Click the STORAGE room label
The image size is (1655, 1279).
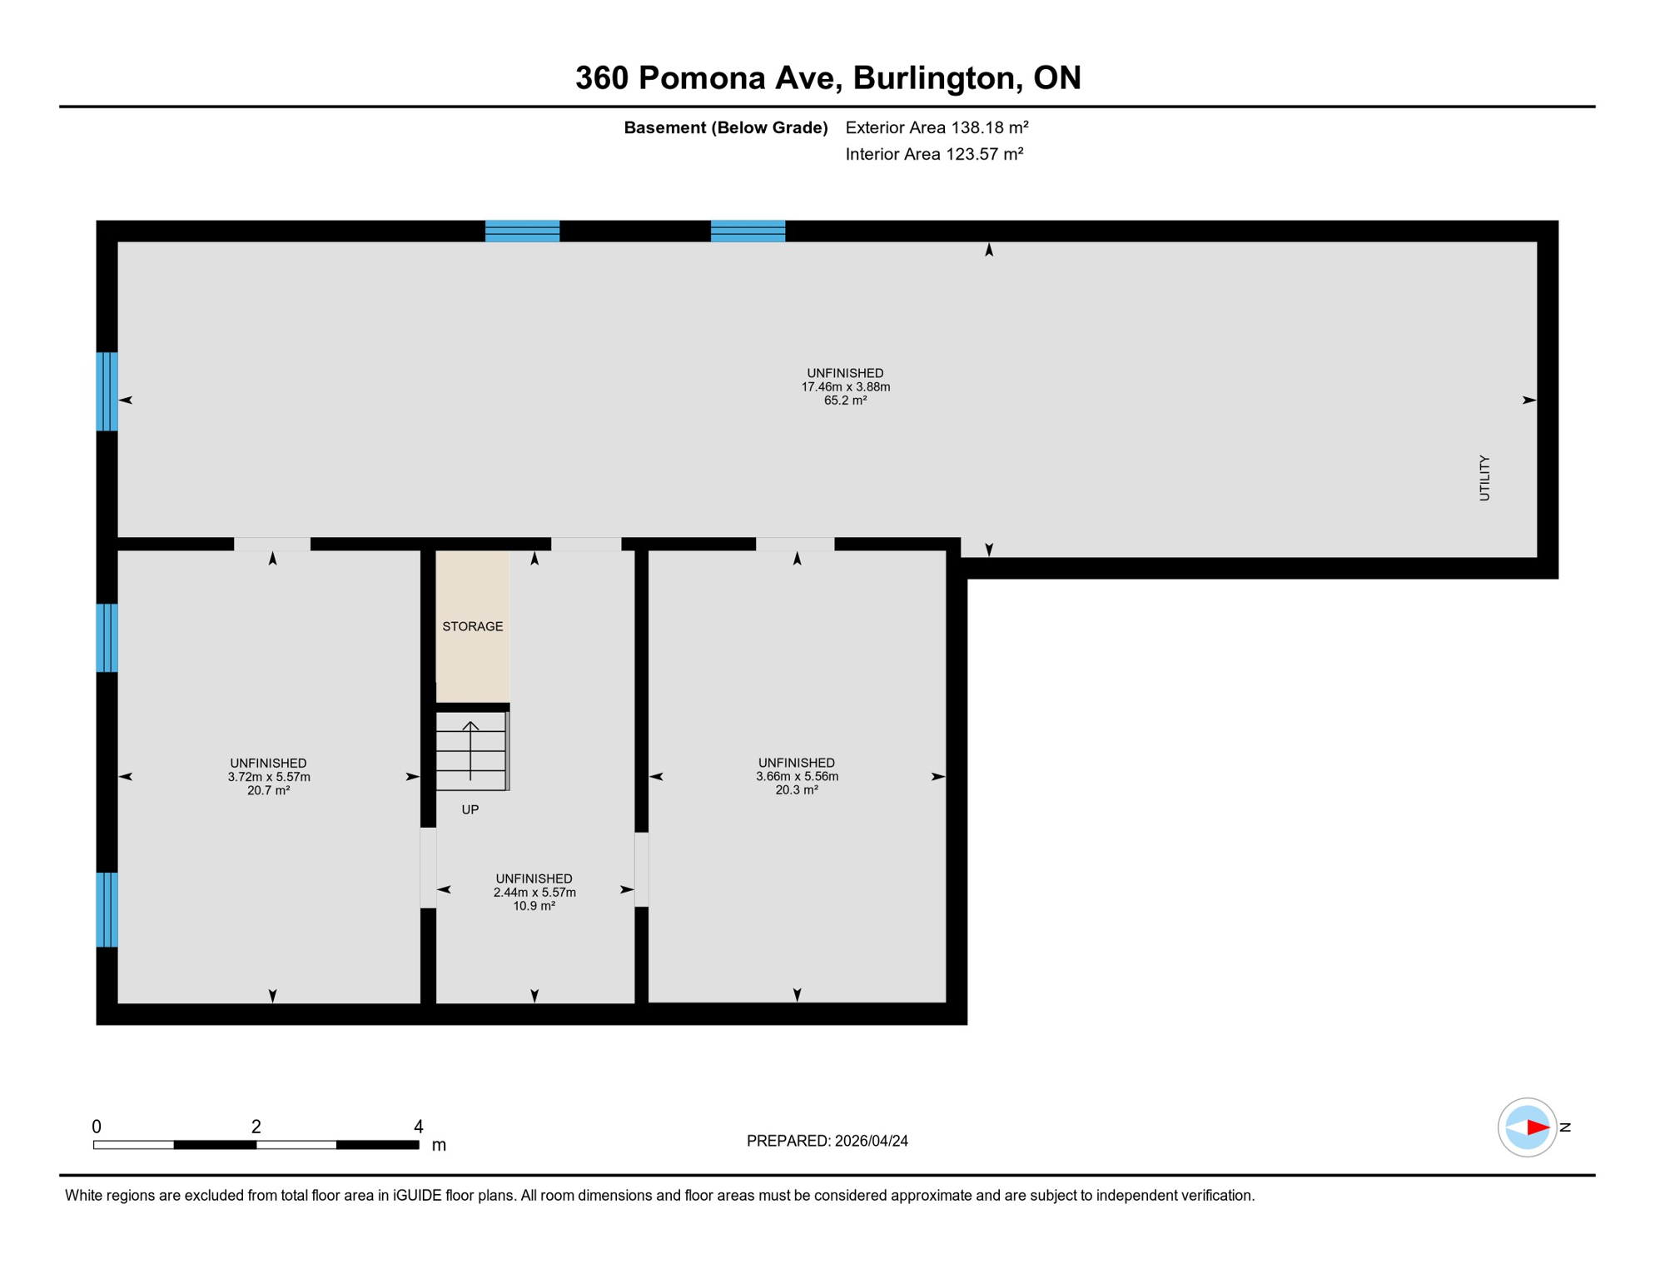[472, 626]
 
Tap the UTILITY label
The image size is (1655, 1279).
[1484, 478]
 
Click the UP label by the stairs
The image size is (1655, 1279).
[470, 809]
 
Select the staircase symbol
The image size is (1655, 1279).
[471, 751]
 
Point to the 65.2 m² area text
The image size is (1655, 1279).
[845, 401]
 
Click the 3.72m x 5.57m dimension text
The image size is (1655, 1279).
[269, 777]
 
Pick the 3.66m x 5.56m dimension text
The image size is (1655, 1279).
[797, 776]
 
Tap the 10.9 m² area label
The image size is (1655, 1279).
[534, 906]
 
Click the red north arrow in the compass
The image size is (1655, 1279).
[1537, 1127]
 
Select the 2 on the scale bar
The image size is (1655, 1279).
[256, 1127]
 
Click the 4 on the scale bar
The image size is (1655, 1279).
[419, 1127]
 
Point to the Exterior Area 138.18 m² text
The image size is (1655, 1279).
[937, 127]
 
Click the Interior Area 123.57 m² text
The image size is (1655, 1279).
[934, 154]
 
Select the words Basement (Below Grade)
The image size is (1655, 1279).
[726, 127]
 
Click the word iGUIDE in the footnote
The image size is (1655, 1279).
[417, 1196]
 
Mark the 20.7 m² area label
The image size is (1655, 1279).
[268, 790]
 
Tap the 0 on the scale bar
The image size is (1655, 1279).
[97, 1127]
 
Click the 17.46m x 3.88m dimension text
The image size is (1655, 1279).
[845, 387]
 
